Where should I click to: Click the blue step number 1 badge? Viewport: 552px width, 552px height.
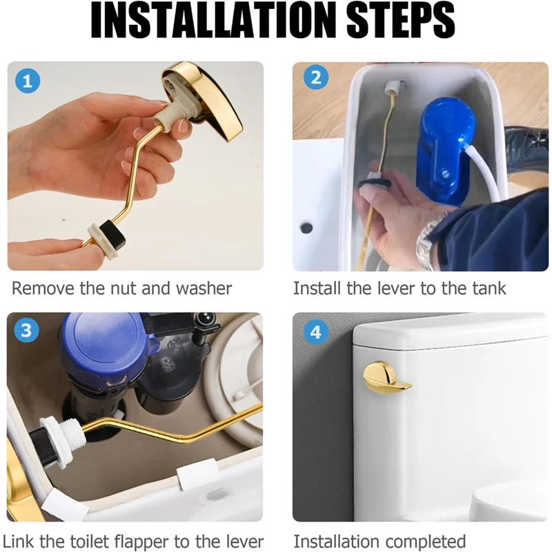(x=28, y=81)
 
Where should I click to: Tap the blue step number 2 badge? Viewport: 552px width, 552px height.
(x=316, y=77)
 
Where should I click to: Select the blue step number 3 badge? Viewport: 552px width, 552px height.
(x=26, y=331)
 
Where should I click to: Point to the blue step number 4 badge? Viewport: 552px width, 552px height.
(x=316, y=332)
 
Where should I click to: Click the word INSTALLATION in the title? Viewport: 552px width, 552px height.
(x=213, y=21)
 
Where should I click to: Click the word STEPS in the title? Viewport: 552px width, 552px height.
(x=401, y=21)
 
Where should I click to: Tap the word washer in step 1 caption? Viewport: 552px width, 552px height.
(x=204, y=288)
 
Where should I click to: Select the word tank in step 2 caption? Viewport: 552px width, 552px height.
(x=489, y=288)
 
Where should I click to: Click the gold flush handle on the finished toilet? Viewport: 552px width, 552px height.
(x=386, y=377)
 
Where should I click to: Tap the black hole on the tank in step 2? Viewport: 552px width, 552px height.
(x=306, y=228)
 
